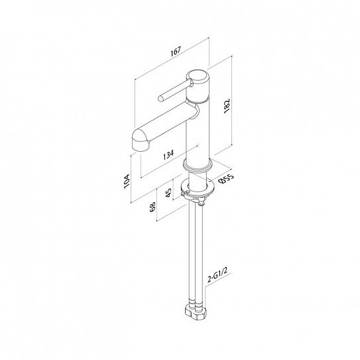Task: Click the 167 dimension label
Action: click(176, 51)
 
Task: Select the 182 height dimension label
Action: click(227, 106)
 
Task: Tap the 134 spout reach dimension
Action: click(168, 155)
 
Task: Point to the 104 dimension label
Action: click(127, 182)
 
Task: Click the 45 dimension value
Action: click(168, 193)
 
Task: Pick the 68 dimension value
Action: click(152, 207)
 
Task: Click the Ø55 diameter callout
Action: click(226, 178)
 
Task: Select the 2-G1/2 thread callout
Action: click(217, 276)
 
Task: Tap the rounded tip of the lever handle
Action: click(160, 99)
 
